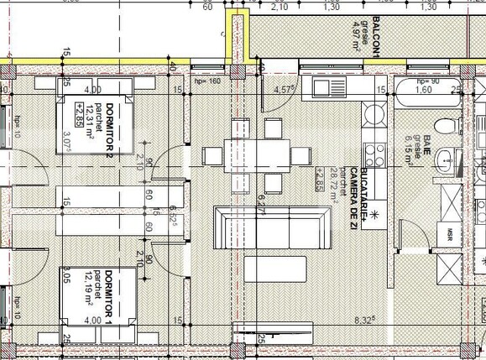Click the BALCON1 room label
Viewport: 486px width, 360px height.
(378, 39)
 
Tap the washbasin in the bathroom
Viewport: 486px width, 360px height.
(460, 161)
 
